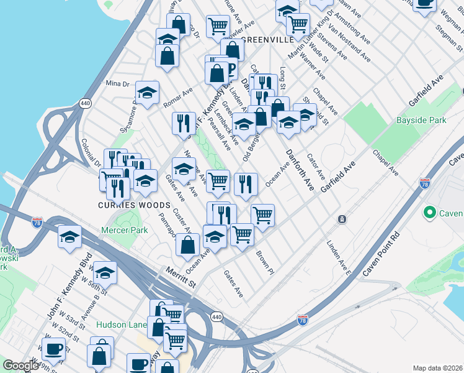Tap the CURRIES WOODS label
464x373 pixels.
coord(133,205)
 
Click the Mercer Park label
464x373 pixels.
coord(125,230)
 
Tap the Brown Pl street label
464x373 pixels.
coord(264,262)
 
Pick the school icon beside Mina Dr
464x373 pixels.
coord(147,93)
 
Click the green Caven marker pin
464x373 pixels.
coord(429,213)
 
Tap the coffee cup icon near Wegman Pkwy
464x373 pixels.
coord(424,3)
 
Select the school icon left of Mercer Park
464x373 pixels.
coord(69,237)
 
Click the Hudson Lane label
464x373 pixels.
coord(120,325)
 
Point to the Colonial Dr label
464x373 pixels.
coord(90,151)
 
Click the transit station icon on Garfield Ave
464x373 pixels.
coord(342,219)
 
